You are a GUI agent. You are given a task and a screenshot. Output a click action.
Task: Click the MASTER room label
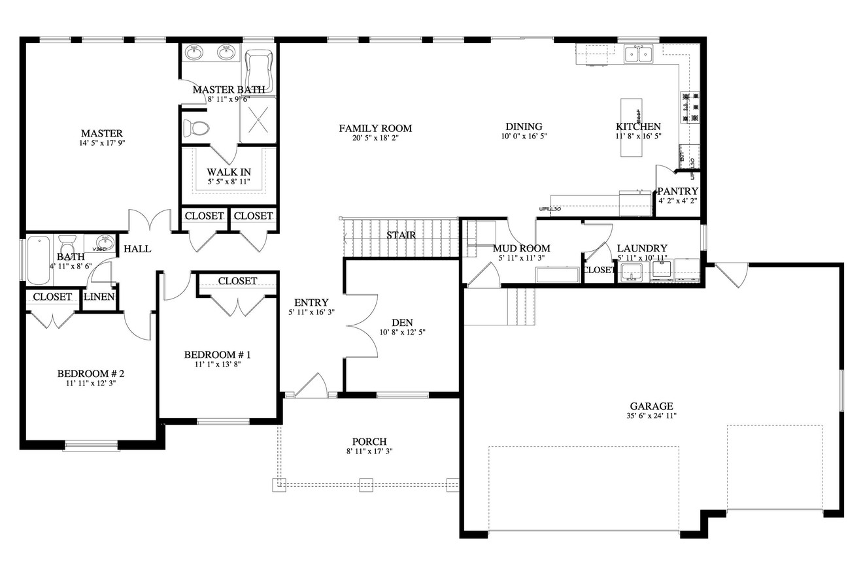coord(102,133)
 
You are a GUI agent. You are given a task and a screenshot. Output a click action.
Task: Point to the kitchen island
coord(631,128)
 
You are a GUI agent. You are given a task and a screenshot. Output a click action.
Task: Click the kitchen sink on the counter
coord(638,54)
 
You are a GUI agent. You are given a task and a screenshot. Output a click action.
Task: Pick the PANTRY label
coord(678,191)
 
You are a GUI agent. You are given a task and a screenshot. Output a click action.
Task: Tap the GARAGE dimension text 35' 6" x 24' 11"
coord(651,416)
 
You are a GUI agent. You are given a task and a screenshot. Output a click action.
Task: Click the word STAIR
coord(401,235)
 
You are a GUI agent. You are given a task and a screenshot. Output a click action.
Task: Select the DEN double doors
coord(363,325)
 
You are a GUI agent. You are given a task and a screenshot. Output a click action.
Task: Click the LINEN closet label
coord(99,297)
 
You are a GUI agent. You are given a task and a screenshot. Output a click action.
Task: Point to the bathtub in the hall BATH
coord(38,260)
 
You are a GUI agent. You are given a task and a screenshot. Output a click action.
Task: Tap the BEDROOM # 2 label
coord(91,374)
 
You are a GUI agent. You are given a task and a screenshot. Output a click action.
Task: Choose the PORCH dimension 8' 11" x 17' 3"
coord(369,452)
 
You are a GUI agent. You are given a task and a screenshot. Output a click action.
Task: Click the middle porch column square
coord(365,485)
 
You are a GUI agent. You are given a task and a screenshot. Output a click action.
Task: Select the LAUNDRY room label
coord(642,248)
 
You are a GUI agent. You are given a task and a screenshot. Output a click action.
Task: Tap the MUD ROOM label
coord(521,248)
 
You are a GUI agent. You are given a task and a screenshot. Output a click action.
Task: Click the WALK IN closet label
coord(229,172)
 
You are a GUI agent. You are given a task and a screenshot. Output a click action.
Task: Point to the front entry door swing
coord(312,386)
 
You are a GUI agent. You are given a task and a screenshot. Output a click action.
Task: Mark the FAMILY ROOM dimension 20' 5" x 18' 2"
coord(375,138)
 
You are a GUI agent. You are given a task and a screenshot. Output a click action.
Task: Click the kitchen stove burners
coord(690,107)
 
